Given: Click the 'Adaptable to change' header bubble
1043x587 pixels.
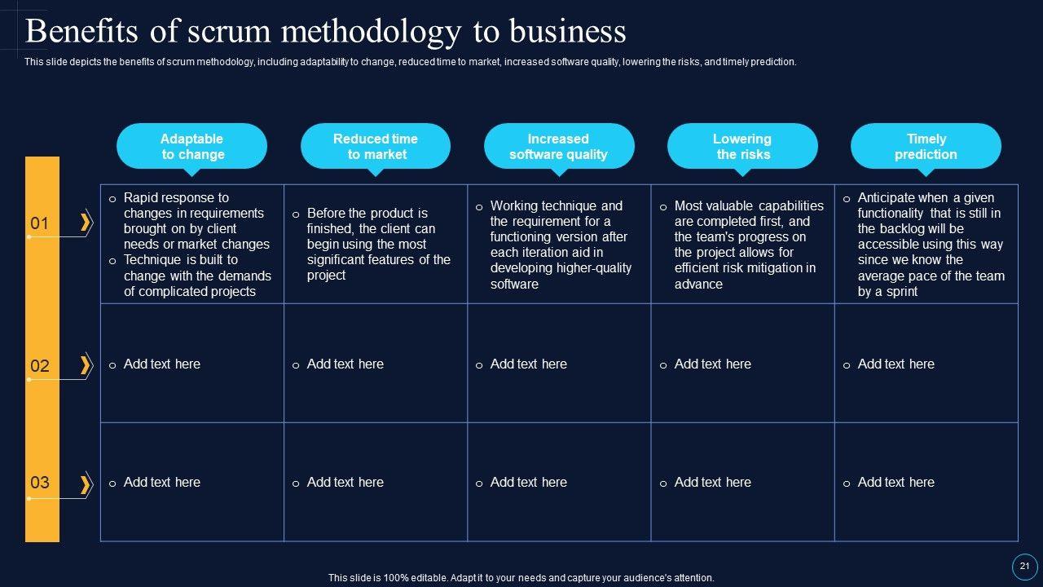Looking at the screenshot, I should [x=191, y=146].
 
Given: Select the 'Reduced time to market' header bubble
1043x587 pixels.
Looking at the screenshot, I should [x=376, y=146].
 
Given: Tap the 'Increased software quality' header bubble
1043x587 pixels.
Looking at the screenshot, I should [x=559, y=146].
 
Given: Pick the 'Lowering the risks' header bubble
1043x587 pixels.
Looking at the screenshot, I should [x=742, y=146].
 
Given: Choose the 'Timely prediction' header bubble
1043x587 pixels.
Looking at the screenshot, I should [x=926, y=146].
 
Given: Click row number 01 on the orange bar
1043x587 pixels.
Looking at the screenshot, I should [x=40, y=223].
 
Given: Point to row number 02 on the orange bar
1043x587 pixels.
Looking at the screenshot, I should [x=40, y=365].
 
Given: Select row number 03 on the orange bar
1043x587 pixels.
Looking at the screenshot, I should [x=40, y=483].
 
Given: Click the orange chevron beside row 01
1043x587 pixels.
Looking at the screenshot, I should [x=85, y=222].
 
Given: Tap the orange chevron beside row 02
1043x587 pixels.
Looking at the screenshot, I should [x=85, y=364].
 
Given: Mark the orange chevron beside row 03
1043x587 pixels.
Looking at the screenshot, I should [x=85, y=484].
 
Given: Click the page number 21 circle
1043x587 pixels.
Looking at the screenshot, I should [x=1024, y=567].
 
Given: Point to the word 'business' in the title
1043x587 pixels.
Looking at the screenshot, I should [x=568, y=32].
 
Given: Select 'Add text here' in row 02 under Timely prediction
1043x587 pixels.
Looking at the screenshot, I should [x=896, y=364].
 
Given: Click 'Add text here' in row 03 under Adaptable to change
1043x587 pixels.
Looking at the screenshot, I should [x=161, y=483].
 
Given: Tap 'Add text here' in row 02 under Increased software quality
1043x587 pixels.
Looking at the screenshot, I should [x=528, y=364].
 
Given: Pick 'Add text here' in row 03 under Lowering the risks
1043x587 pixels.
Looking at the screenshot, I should [x=712, y=483].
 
